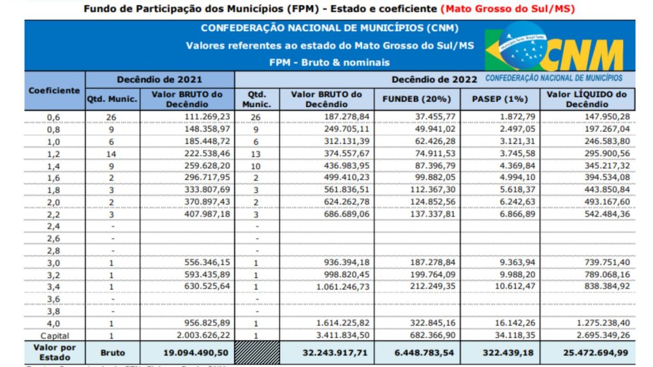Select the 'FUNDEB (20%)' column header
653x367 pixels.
[416, 99]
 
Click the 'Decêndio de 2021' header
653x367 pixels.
[159, 80]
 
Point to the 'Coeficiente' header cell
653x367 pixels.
[54, 90]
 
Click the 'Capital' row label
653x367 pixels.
[54, 335]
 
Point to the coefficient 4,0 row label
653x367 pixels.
[54, 323]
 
